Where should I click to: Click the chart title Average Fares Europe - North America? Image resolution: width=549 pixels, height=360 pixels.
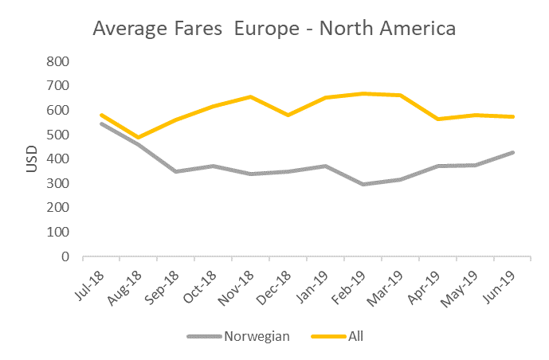coord(274,29)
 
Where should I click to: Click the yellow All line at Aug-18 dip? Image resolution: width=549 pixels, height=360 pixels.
coord(138,138)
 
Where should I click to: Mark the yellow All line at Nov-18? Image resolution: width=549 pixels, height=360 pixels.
coord(250,97)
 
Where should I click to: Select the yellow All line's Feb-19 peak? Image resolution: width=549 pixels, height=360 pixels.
coord(363,94)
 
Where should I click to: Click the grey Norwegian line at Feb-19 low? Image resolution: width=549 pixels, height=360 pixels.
coord(363,184)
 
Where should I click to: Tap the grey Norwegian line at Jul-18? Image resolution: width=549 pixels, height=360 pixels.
coord(101,123)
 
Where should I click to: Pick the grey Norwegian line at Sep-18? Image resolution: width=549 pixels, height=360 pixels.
coord(175,171)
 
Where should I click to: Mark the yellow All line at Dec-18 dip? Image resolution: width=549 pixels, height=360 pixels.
coord(288,115)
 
